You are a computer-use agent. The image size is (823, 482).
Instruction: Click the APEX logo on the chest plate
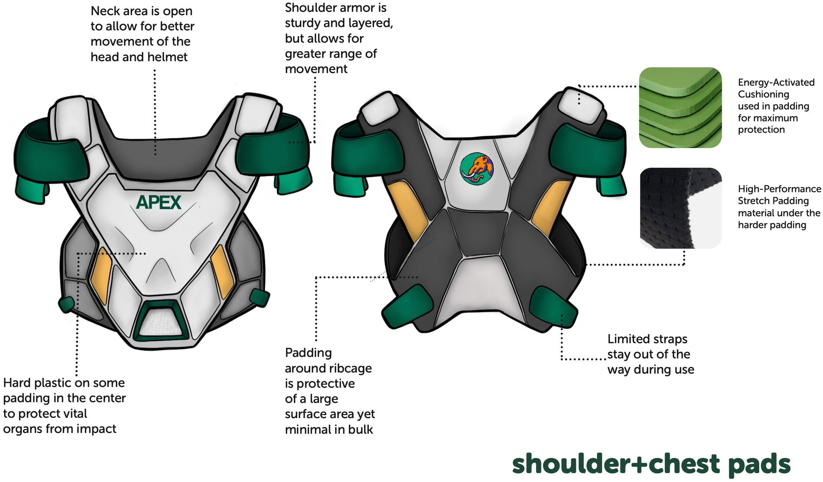158,203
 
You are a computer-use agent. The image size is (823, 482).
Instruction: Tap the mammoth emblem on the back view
477,169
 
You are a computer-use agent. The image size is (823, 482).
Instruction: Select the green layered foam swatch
680,108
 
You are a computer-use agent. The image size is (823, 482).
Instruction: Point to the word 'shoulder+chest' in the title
616,464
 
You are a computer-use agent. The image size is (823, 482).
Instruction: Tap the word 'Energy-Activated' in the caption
776,82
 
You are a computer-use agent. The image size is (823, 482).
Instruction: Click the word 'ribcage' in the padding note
349,368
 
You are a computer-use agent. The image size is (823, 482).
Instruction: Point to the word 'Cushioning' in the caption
763,94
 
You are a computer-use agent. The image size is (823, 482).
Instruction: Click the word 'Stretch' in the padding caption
755,201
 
